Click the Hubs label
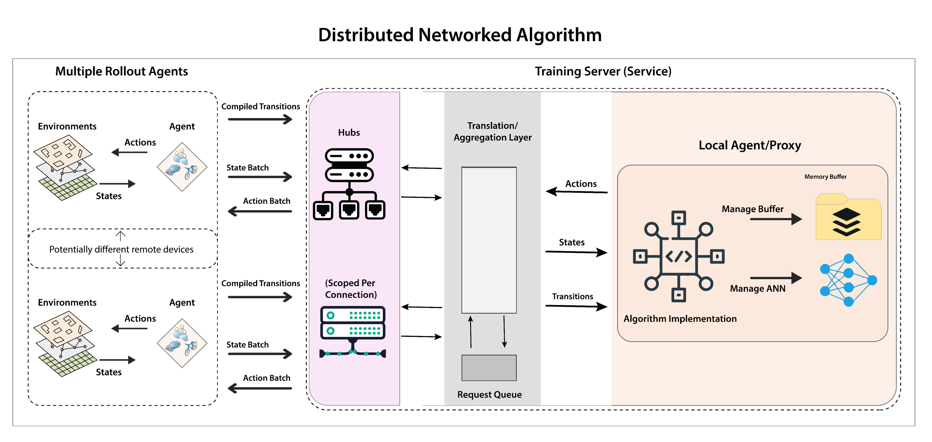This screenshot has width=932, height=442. tap(349, 133)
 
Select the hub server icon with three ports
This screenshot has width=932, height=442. tap(349, 184)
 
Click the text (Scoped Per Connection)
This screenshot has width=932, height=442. tap(350, 289)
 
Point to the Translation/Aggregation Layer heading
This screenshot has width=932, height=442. tap(493, 131)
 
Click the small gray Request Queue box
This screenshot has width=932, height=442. tap(489, 368)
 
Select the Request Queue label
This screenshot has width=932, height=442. tap(489, 394)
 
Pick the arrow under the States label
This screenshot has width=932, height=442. tap(576, 252)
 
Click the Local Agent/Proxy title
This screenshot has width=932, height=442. tap(750, 145)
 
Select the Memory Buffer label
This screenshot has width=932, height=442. tap(825, 177)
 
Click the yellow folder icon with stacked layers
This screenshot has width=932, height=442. tap(848, 218)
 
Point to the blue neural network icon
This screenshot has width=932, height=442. tap(848, 280)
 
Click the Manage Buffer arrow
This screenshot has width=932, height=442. tap(776, 219)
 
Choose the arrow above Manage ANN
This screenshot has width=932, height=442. tap(776, 278)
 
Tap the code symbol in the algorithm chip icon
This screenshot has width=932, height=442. tap(679, 256)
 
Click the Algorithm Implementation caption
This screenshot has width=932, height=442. tap(680, 319)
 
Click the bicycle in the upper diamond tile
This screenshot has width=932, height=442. tap(191, 172)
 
